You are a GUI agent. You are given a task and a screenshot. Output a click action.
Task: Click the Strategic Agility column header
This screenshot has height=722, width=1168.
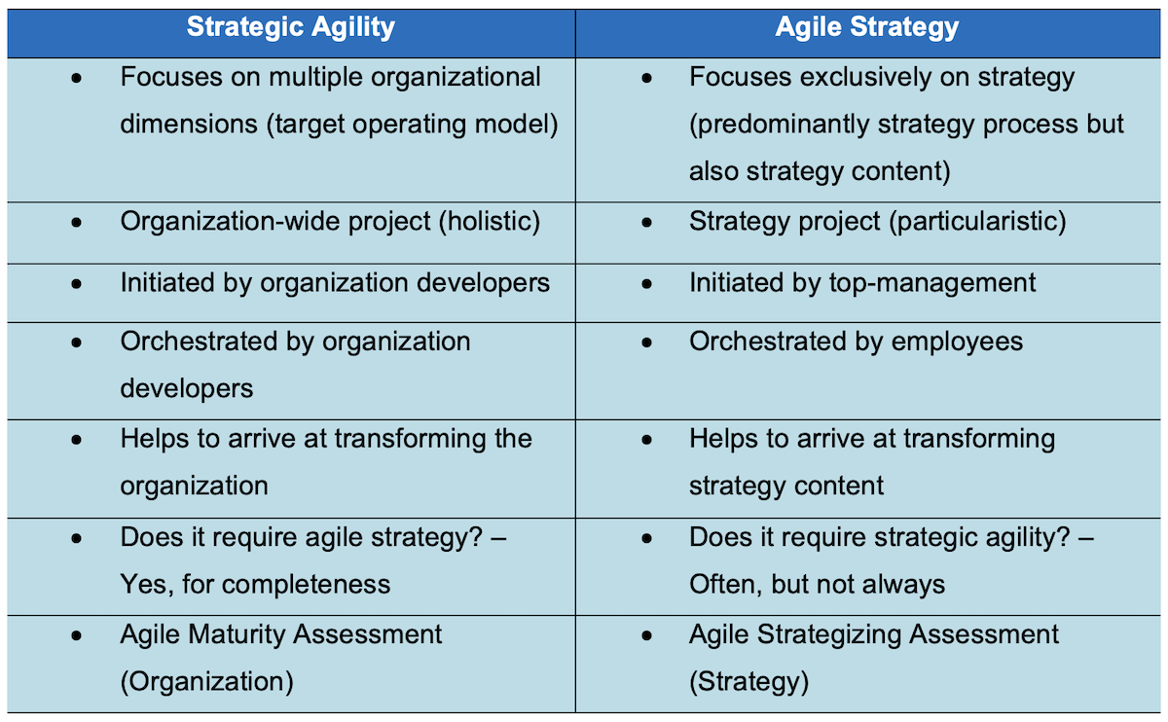(x=290, y=27)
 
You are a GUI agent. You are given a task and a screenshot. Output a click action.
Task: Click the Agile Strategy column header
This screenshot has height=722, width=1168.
(x=866, y=27)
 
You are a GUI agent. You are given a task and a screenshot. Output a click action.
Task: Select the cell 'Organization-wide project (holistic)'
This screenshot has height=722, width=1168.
(x=329, y=222)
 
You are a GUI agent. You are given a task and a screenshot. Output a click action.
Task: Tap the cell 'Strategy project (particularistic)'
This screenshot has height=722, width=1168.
(x=877, y=222)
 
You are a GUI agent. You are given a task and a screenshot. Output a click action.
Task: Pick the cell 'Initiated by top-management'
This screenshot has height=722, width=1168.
(x=862, y=283)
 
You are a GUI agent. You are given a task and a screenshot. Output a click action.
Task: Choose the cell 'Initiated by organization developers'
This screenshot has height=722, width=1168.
(x=335, y=283)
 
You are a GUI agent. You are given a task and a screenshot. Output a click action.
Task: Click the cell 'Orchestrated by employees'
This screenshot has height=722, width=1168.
(x=856, y=342)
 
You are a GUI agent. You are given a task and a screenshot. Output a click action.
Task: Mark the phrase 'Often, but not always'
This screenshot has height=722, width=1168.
(x=817, y=584)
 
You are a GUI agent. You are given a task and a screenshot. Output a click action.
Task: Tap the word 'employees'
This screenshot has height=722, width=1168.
(x=953, y=342)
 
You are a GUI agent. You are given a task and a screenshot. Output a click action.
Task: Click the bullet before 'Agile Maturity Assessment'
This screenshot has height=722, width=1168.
(x=77, y=635)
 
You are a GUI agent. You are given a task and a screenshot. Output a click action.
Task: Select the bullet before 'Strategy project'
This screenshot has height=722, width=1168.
(x=646, y=223)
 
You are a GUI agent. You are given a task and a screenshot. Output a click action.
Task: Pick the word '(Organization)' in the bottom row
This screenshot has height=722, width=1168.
(x=206, y=681)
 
